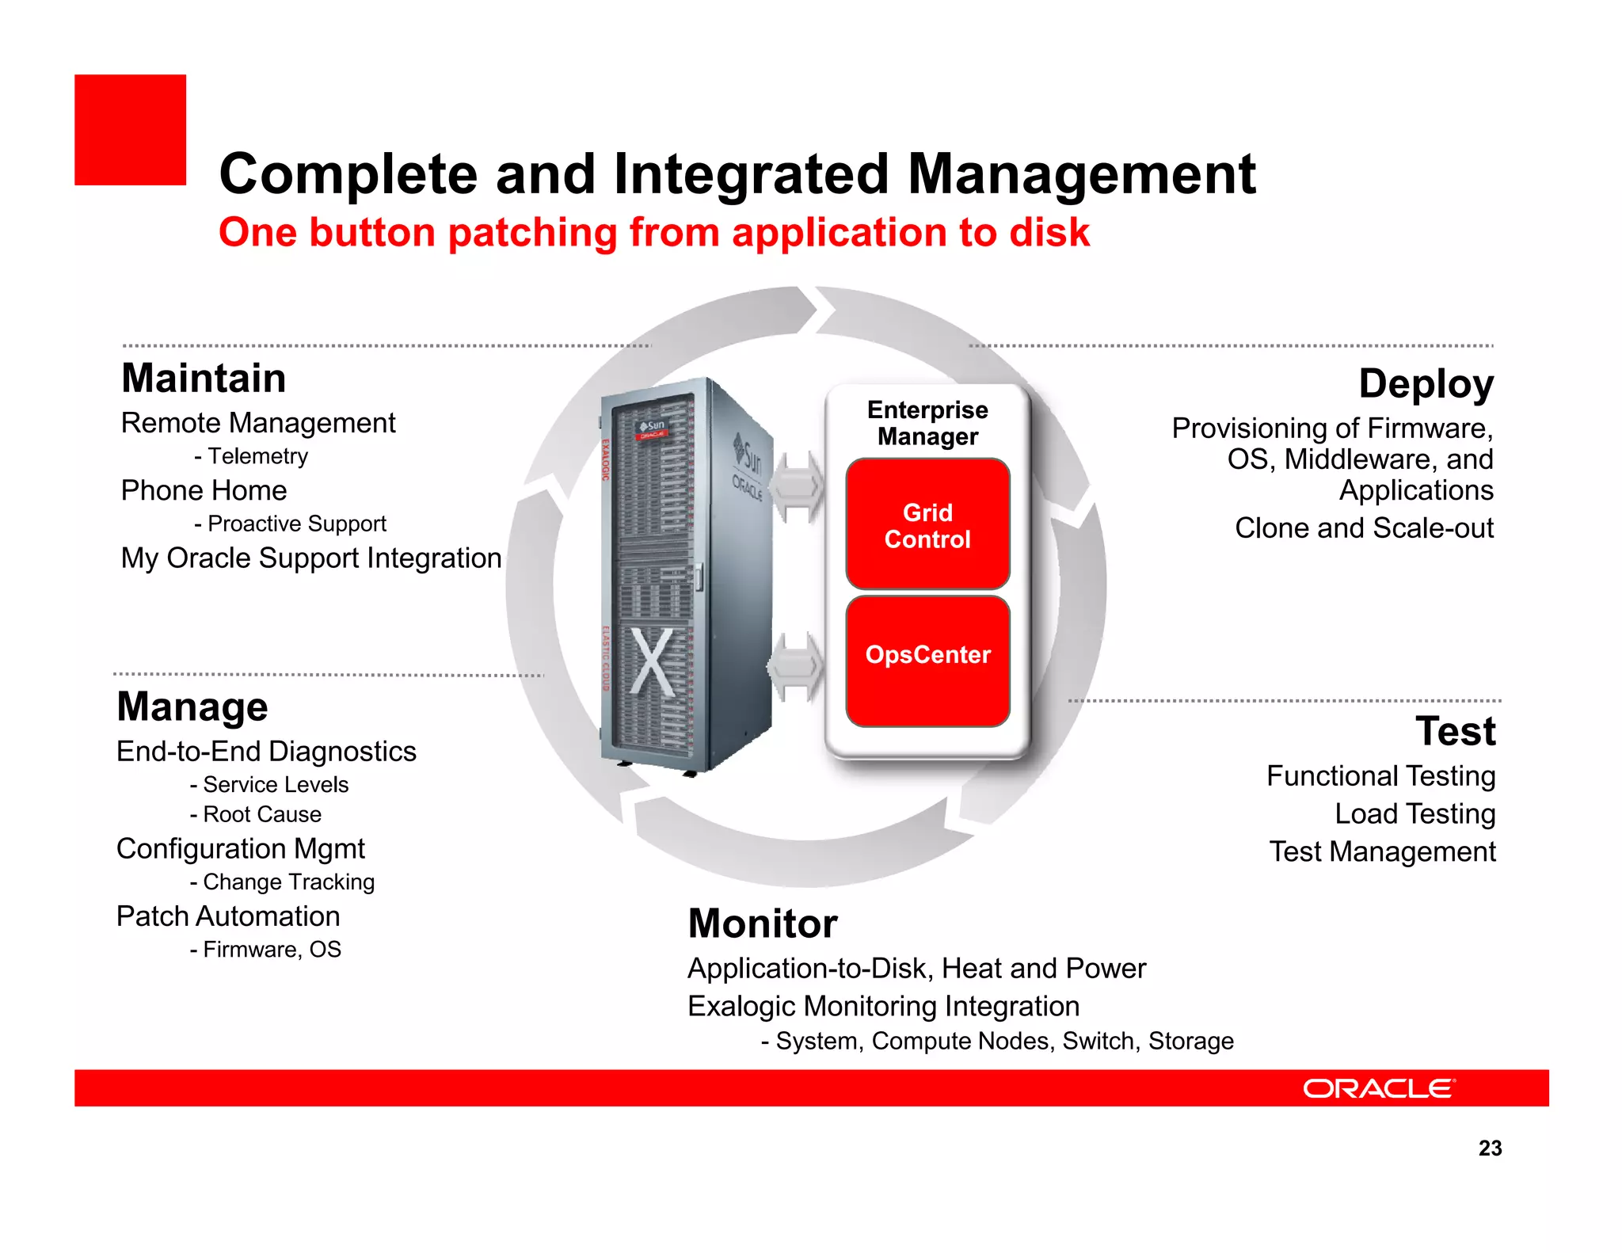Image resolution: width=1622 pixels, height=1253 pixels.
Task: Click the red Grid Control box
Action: (x=927, y=524)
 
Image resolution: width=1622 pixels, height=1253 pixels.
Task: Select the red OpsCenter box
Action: (x=927, y=661)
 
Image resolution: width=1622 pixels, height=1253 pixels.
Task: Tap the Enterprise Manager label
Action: (x=927, y=423)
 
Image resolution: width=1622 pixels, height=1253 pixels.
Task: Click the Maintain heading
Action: (x=204, y=378)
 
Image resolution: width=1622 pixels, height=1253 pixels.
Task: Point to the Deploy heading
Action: (x=1426, y=383)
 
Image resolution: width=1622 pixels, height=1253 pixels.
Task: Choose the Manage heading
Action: (x=192, y=706)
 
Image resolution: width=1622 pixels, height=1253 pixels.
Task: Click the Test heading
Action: (x=1455, y=730)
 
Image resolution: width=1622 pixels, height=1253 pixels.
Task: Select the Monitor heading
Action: (x=763, y=924)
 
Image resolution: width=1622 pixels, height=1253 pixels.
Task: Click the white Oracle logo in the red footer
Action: (x=1379, y=1088)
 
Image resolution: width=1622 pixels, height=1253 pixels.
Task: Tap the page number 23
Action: (x=1490, y=1148)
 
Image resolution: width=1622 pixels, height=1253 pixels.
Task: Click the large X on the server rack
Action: (x=652, y=662)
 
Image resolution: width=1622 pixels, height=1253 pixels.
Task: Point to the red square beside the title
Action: (x=131, y=130)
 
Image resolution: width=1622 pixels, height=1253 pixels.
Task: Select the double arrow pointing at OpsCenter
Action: (x=795, y=666)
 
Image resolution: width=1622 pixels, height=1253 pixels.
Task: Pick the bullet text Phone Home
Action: (x=204, y=490)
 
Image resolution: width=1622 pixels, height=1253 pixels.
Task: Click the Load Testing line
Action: (x=1414, y=813)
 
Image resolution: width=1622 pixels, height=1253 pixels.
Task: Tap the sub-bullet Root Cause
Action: (x=261, y=814)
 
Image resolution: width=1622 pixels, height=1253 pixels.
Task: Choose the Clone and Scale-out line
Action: (x=1364, y=527)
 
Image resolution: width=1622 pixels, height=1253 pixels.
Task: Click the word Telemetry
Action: (x=257, y=456)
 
